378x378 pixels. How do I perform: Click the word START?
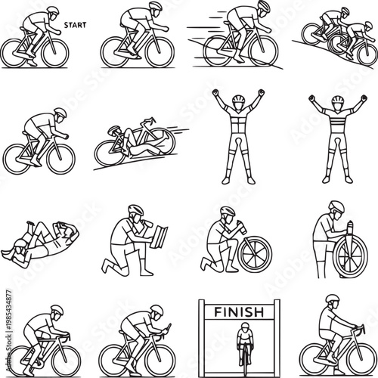pos(76,23)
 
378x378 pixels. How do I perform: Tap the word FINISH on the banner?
pos(238,311)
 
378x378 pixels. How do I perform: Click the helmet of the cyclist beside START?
pos(50,11)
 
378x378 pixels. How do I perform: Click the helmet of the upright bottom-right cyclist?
pos(330,300)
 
